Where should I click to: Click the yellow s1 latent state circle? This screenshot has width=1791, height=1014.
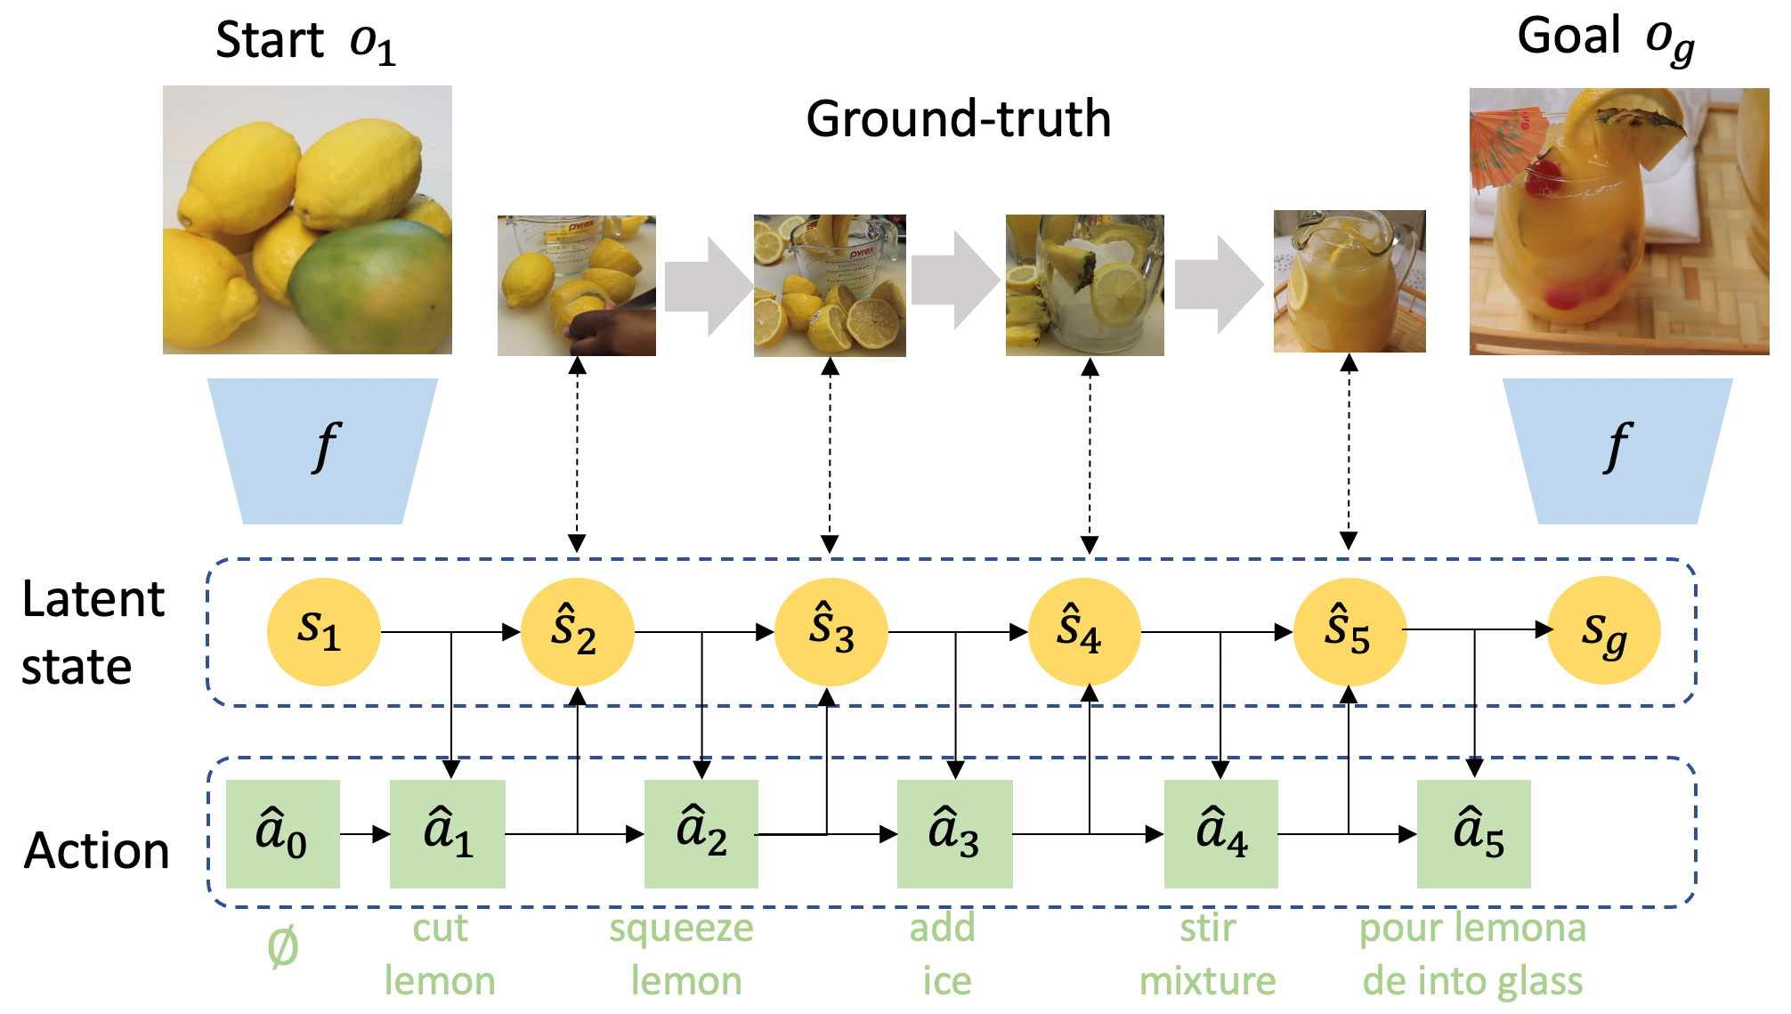point(323,631)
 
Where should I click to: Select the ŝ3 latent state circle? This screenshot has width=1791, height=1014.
point(831,631)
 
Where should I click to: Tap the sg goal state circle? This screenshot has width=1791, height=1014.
point(1603,630)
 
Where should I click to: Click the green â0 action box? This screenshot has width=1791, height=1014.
point(282,833)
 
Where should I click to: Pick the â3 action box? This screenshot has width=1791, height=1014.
point(954,833)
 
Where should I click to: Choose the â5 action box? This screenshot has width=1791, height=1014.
point(1473,833)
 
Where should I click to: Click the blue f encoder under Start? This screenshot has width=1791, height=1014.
point(322,450)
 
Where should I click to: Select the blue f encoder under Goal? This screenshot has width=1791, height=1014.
point(1617,450)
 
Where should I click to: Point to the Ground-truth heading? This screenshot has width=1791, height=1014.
point(959,118)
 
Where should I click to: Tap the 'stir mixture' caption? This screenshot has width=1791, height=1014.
point(1208,954)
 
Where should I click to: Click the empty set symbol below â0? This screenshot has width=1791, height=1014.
point(282,947)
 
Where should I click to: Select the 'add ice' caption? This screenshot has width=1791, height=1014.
point(944,954)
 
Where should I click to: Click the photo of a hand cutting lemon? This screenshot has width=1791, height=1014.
point(576,286)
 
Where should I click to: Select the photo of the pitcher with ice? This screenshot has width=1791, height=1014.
point(1084,285)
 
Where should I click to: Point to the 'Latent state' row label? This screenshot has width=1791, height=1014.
point(93,632)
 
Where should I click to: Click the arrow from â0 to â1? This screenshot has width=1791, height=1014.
point(365,834)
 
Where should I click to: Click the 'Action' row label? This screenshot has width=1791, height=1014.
point(96,850)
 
